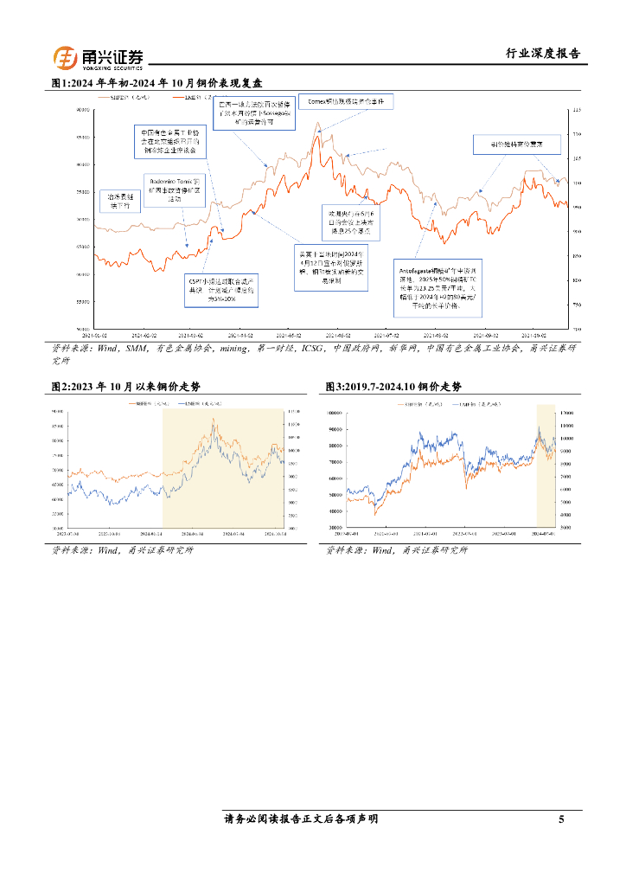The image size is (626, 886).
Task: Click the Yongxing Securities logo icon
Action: [x=66, y=57]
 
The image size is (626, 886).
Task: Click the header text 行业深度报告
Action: [x=542, y=54]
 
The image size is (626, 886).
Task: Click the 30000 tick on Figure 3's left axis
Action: [x=337, y=527]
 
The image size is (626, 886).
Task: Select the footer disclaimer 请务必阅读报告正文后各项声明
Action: [x=300, y=819]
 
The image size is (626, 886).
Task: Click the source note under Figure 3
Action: [x=396, y=550]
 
